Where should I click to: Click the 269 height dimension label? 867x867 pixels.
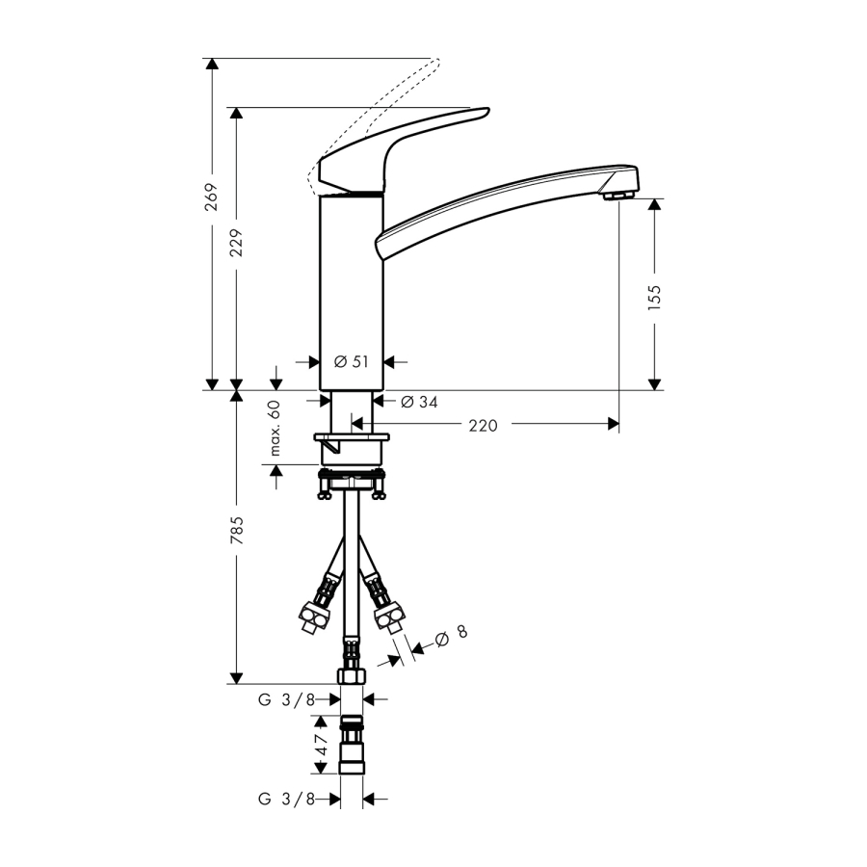click(x=211, y=197)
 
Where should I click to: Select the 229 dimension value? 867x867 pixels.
click(x=236, y=243)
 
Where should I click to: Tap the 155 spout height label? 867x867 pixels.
click(x=654, y=298)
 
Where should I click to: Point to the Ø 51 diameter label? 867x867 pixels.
click(x=351, y=361)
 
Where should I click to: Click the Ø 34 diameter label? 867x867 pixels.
click(x=419, y=402)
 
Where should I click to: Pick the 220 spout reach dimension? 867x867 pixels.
click(x=483, y=426)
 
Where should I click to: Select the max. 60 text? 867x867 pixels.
click(x=275, y=428)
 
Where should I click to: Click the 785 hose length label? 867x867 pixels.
click(x=236, y=530)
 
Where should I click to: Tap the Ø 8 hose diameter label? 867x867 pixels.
click(x=451, y=636)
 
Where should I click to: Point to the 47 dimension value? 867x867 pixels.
click(x=321, y=745)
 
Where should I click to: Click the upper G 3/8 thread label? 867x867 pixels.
click(x=286, y=700)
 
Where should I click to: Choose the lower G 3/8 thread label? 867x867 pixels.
click(x=286, y=799)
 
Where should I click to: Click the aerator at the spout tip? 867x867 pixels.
click(x=618, y=196)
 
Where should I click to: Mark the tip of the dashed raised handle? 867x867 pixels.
click(x=438, y=59)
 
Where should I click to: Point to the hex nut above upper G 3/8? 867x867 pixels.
click(x=351, y=675)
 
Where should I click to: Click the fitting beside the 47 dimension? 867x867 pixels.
click(x=351, y=745)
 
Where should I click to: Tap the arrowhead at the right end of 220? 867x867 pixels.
click(x=614, y=424)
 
